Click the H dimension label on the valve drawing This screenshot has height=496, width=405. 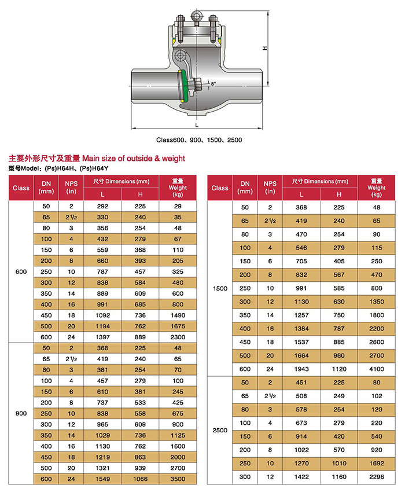coord(264,48)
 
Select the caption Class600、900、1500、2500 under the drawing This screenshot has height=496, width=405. coord(198,140)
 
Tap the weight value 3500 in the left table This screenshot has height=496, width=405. coord(178,479)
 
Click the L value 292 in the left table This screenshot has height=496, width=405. coord(102,207)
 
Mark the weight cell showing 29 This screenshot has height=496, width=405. coord(178,207)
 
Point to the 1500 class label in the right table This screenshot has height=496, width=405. coord(220,288)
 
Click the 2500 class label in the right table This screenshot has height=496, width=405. coord(220,430)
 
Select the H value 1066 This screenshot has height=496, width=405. coord(139,479)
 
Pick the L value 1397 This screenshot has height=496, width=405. coord(102,337)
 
